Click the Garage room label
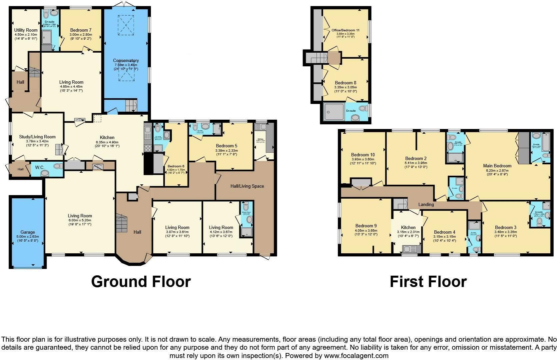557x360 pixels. coord(28,232)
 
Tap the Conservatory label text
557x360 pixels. coord(126,61)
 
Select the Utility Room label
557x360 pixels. coord(26,30)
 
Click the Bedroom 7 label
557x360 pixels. coord(81,30)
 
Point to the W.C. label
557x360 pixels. coord(40,167)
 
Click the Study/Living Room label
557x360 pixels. coord(37,137)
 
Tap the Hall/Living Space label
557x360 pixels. coord(247,186)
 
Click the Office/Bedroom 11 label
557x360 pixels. coord(345,30)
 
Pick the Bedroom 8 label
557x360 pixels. coord(345,83)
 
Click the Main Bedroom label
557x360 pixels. coord(497,166)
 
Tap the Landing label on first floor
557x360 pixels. coord(426,204)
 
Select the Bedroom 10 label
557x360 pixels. coord(363,155)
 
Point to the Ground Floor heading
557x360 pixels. coord(141,282)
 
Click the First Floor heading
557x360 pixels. coord(428,282)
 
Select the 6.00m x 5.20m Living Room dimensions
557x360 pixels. coord(80,220)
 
